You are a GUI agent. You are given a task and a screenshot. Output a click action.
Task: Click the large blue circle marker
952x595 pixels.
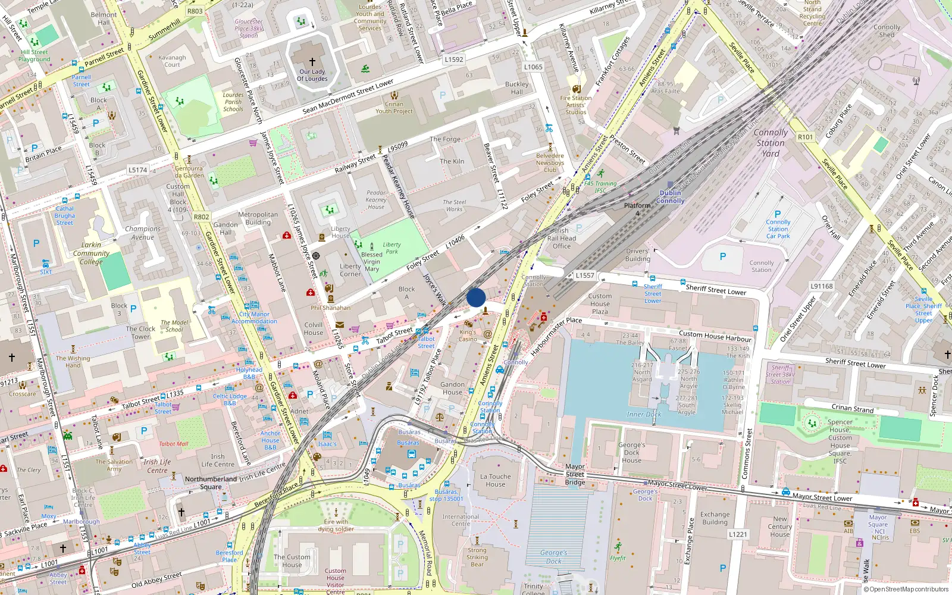coord(476,297)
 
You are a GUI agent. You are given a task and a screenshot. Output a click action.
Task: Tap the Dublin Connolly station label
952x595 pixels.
coord(671,197)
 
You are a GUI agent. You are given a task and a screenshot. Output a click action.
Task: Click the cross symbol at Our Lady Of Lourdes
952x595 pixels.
coord(312,61)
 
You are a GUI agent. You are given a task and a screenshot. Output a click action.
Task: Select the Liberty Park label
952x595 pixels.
coord(392,248)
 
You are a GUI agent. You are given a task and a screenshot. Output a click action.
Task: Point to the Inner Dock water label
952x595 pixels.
coord(644,414)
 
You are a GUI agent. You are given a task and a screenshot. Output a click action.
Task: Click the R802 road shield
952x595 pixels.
coord(201,217)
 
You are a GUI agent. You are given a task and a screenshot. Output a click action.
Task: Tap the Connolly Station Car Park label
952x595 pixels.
coord(778,229)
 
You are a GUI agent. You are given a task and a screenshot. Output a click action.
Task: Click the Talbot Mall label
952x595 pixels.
coord(173,444)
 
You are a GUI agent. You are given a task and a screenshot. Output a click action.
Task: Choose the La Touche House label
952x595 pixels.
coord(495,480)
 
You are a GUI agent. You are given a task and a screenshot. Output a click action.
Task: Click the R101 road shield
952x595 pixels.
coord(805,137)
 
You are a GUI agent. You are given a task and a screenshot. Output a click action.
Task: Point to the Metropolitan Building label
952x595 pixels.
coord(258,218)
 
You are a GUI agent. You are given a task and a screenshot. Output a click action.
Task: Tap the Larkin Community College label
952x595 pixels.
coord(91,253)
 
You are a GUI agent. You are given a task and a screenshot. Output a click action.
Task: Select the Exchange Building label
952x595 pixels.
coord(715,518)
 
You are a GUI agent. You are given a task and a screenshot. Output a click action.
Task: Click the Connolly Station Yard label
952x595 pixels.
coord(771,143)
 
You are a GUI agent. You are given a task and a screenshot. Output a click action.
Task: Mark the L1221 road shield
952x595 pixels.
coord(738,534)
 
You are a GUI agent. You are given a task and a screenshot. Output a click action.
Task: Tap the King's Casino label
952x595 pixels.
coord(468,336)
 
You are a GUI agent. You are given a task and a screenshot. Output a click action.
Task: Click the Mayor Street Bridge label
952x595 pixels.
coord(575,474)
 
